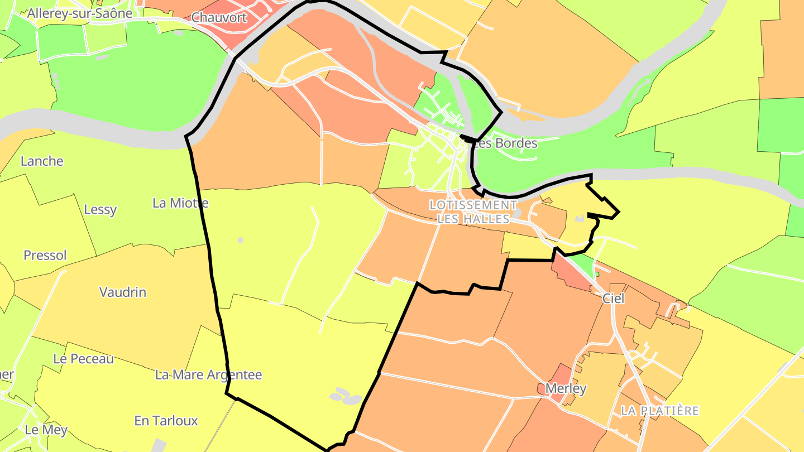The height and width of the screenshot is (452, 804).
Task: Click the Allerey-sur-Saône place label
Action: (x=80, y=13)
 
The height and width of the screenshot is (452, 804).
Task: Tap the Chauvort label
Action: (x=219, y=17)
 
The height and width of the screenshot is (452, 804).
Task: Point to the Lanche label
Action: (x=42, y=161)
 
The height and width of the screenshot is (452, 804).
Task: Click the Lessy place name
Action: (x=100, y=210)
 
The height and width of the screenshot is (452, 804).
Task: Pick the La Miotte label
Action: (x=180, y=203)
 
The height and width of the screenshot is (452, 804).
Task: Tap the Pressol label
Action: (x=45, y=256)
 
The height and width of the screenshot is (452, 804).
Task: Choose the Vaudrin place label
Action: (x=123, y=292)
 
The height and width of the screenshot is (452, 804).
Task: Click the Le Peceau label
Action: (x=84, y=359)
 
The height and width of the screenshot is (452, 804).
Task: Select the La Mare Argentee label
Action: (x=208, y=375)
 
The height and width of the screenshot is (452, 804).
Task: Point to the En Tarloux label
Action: (x=166, y=421)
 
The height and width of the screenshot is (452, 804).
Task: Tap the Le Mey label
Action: (x=46, y=430)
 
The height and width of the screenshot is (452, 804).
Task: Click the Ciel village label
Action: (x=613, y=299)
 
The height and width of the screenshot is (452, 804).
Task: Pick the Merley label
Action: (x=566, y=389)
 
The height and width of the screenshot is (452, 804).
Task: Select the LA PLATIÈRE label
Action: (x=660, y=411)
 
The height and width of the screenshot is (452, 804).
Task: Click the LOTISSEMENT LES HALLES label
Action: (x=473, y=212)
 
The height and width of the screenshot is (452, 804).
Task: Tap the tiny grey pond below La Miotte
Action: (x=241, y=240)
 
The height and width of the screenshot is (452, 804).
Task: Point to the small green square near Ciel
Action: (x=596, y=274)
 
